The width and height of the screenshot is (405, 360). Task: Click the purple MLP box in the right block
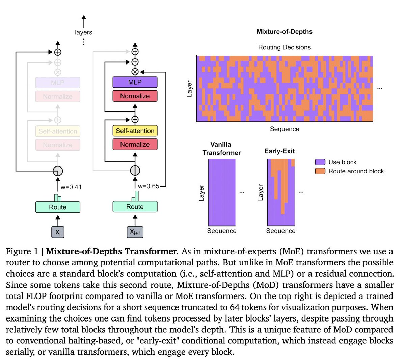click(135, 82)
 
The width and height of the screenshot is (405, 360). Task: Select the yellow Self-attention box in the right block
click(135, 131)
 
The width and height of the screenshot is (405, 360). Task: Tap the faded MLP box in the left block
click(58, 83)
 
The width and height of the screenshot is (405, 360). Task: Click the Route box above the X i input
click(58, 207)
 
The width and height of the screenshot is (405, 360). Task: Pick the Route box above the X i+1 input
click(135, 207)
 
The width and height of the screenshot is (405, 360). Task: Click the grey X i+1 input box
click(135, 232)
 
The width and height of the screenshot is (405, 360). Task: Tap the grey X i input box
click(58, 232)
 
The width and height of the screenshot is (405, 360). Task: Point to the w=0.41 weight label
click(71, 187)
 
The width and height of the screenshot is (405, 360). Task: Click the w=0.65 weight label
click(148, 186)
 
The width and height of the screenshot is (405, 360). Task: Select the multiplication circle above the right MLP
click(135, 72)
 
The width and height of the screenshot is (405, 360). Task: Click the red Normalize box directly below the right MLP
click(135, 96)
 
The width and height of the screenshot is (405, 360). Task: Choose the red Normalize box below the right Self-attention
click(135, 145)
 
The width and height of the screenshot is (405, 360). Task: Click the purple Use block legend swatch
click(320, 162)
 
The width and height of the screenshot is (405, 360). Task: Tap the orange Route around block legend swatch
click(320, 171)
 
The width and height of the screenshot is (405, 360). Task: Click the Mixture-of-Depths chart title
click(284, 32)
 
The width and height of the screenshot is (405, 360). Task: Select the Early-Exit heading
click(279, 151)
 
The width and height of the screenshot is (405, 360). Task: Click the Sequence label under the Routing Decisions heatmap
click(284, 129)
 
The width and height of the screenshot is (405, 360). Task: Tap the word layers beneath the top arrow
click(83, 32)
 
